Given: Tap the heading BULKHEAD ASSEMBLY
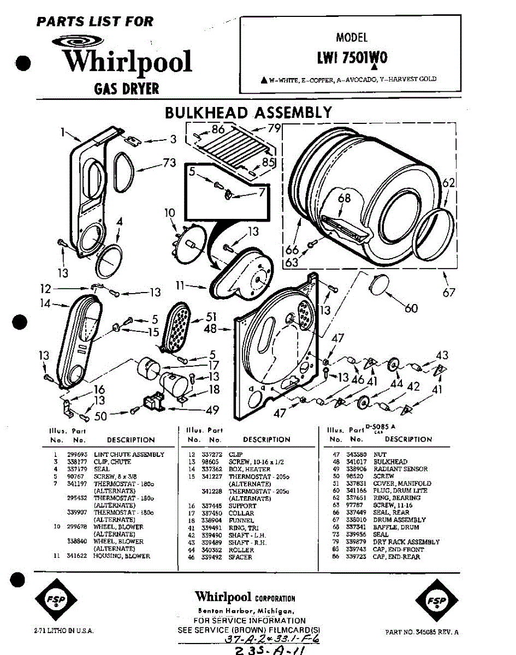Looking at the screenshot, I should click(x=248, y=112).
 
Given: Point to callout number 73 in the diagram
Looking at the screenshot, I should click(x=170, y=162).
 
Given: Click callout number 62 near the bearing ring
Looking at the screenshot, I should click(x=448, y=184).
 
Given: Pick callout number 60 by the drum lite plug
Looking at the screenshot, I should click(x=411, y=308).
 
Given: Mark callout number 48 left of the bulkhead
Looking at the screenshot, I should click(x=210, y=329).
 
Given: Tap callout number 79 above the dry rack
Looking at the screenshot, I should click(x=274, y=129).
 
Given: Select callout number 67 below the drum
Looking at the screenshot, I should click(x=449, y=293).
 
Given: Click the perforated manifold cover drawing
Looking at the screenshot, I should click(x=176, y=327).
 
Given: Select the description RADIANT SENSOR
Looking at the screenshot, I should click(x=400, y=469).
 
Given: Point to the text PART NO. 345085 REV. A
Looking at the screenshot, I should click(x=422, y=632).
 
